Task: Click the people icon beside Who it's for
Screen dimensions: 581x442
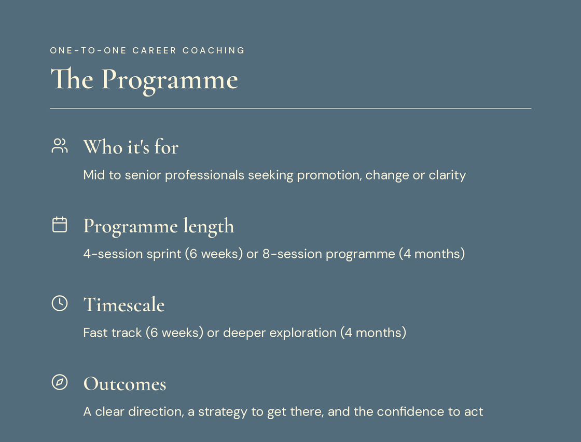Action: (60, 146)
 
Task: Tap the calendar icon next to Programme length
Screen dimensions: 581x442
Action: (60, 225)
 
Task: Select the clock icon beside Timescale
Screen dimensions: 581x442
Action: (60, 303)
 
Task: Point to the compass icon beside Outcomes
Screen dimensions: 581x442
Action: (60, 382)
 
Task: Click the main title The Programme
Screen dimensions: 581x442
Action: (144, 80)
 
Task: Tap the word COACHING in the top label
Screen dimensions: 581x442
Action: (213, 50)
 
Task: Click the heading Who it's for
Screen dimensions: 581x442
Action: (131, 147)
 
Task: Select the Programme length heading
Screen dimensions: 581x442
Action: (159, 226)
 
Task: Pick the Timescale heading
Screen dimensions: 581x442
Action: (124, 305)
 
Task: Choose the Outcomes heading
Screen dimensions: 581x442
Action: (125, 384)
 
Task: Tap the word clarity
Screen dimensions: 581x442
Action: (447, 175)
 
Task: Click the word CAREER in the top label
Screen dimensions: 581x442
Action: (155, 50)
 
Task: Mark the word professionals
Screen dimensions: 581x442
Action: (204, 175)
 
